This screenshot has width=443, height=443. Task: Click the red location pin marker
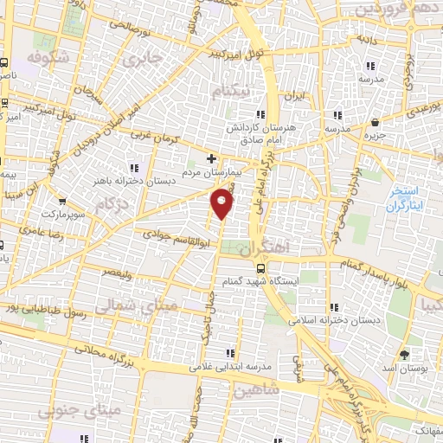click(222, 204)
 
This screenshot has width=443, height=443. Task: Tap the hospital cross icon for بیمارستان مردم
click(212, 158)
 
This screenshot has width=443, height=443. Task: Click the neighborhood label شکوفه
click(48, 57)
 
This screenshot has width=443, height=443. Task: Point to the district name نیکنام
click(235, 91)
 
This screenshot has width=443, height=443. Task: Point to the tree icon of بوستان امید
click(404, 356)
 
